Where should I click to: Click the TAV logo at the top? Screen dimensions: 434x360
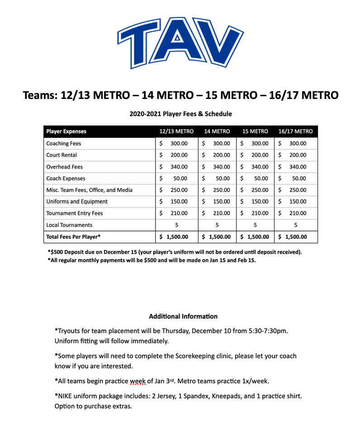pos(180,43)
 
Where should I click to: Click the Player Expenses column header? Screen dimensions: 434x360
pos(66,132)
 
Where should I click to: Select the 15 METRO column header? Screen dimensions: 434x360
pos(255,132)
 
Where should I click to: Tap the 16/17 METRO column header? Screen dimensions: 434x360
pos(295,132)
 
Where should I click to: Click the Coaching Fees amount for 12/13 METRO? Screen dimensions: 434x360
pos(176,143)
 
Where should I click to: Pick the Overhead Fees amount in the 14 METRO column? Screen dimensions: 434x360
pos(217,167)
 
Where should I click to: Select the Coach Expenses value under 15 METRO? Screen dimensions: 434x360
pos(255,179)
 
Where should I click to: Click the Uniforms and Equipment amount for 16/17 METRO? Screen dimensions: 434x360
pos(295,202)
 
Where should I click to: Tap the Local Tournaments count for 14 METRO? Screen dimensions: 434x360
pos(217,225)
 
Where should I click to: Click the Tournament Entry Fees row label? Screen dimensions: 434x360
pos(75,213)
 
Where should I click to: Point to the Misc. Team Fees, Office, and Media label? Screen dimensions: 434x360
pos(89,190)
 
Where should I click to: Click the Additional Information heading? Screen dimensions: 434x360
pos(183,316)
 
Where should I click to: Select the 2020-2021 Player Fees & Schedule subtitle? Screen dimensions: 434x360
pos(180,114)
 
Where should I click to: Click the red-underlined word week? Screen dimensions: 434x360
pos(137,382)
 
